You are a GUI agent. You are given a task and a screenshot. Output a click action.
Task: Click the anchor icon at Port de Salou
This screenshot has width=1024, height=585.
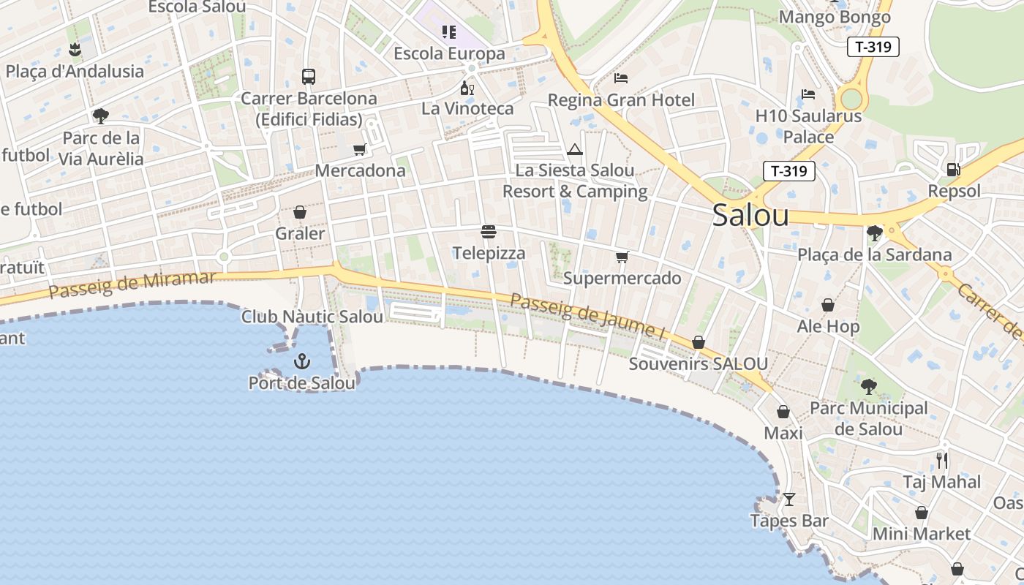(x=301, y=361)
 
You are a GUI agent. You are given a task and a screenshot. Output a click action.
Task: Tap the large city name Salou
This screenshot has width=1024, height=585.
(x=750, y=215)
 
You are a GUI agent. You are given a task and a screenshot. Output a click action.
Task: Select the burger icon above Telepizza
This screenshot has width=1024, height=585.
(x=489, y=233)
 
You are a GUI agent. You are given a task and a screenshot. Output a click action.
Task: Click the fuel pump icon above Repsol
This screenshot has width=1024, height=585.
(x=953, y=170)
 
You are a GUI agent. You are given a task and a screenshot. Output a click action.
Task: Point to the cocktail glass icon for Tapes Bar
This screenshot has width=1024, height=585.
(x=788, y=499)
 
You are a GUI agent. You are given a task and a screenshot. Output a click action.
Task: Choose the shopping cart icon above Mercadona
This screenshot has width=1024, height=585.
(x=359, y=149)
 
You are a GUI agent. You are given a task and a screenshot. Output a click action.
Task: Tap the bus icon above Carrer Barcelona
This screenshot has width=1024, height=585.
(x=309, y=77)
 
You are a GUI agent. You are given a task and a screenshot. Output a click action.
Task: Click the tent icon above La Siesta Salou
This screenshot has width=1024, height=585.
(x=575, y=150)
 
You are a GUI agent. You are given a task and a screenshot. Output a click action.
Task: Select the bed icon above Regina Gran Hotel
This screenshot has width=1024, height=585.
(x=621, y=78)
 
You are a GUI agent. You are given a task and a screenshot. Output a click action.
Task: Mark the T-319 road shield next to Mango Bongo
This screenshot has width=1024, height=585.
(x=873, y=47)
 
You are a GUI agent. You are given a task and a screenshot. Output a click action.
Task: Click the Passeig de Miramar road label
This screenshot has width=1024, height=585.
(x=132, y=284)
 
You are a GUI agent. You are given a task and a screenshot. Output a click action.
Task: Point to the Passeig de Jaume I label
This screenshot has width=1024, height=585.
(x=587, y=316)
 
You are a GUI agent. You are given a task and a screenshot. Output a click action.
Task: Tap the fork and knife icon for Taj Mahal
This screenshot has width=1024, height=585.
(x=942, y=460)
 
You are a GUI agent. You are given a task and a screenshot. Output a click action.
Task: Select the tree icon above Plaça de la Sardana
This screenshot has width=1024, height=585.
(x=874, y=233)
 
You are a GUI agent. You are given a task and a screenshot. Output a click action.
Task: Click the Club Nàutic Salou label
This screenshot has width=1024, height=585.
(x=312, y=317)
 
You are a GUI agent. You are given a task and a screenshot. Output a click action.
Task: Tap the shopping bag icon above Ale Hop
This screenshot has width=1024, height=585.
(x=828, y=305)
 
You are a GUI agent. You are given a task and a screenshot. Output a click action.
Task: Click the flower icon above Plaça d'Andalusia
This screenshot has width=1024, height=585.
(x=75, y=50)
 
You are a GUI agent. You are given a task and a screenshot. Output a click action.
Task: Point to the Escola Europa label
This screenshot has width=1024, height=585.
(x=449, y=53)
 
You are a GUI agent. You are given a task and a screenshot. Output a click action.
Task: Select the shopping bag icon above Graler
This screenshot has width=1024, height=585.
(x=299, y=213)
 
